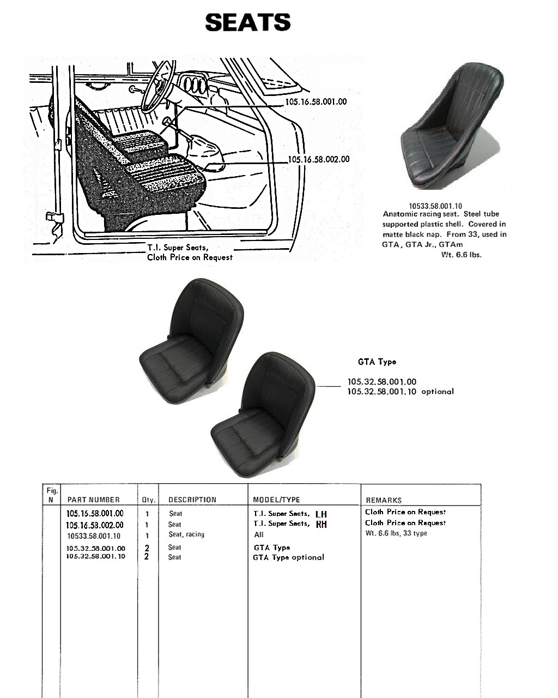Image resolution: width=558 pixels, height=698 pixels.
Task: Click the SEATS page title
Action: click(248, 22)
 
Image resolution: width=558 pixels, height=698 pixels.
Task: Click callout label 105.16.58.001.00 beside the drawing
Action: click(316, 101)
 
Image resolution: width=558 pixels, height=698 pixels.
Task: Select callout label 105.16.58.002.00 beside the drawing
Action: click(319, 159)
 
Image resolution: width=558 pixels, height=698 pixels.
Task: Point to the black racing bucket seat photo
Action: click(452, 126)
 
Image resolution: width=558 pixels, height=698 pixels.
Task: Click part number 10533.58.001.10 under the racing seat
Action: click(435, 206)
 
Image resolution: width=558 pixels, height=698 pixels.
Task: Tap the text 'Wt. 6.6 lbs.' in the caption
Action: click(462, 255)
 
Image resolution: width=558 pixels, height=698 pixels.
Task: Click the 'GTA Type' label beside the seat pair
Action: click(377, 362)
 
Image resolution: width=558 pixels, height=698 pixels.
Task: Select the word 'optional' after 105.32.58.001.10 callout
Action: click(438, 392)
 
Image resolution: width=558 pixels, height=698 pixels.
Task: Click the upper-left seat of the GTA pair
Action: click(191, 341)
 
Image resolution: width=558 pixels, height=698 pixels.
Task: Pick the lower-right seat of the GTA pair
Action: click(263, 414)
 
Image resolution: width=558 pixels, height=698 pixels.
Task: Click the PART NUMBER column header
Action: click(93, 500)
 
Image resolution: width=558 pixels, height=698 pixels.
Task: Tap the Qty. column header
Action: click(149, 500)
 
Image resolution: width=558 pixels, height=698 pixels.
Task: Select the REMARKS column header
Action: click(384, 500)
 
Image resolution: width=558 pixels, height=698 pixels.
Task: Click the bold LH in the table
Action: click(321, 514)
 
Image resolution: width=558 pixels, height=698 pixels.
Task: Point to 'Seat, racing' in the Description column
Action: click(186, 534)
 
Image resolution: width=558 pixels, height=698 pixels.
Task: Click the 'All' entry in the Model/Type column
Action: click(258, 534)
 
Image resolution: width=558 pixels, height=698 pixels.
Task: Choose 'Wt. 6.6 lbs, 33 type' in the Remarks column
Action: click(396, 533)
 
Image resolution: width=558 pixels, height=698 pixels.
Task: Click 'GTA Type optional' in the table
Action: click(288, 557)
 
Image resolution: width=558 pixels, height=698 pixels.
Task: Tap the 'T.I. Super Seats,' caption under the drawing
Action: click(178, 248)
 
